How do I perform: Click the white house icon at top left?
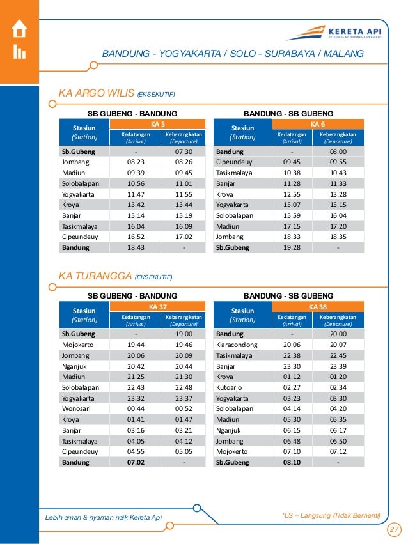[x=19, y=29]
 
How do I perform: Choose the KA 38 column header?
[x=317, y=306]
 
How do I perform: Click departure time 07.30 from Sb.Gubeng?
[x=184, y=152]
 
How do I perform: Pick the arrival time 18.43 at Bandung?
[x=136, y=247]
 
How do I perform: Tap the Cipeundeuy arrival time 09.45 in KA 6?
[x=292, y=162]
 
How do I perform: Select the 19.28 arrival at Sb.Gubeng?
[x=292, y=247]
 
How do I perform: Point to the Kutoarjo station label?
[x=229, y=387]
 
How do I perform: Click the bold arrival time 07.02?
[x=136, y=462]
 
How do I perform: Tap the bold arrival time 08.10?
[x=292, y=462]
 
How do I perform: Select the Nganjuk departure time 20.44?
[x=184, y=366]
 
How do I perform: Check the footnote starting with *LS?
[x=331, y=515]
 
